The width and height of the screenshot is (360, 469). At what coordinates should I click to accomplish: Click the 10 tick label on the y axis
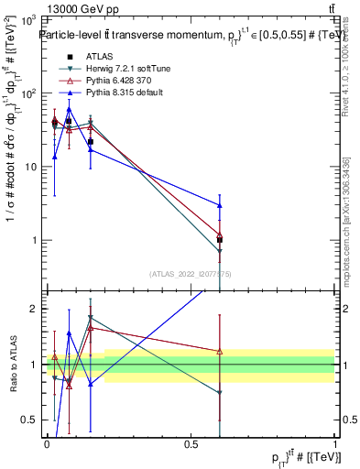[30, 167]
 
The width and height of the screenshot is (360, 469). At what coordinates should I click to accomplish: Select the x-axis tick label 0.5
[191, 444]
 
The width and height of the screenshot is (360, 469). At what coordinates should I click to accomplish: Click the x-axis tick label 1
[335, 444]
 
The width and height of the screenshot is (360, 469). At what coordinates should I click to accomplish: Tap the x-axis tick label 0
[47, 444]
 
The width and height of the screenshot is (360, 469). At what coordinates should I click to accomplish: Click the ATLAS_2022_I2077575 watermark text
[191, 273]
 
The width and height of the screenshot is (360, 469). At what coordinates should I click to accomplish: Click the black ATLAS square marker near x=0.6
[219, 239]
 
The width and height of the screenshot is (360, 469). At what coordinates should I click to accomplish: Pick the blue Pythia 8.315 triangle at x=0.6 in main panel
[219, 205]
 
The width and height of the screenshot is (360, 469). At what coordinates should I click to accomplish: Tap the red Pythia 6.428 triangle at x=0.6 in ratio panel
[219, 351]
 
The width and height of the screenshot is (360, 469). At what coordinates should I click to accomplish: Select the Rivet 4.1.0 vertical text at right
[345, 73]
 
